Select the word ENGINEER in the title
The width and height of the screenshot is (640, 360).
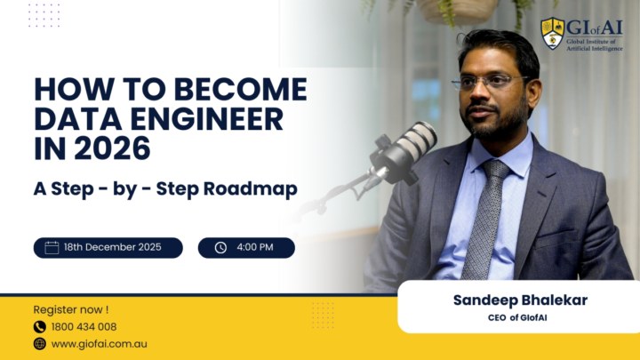[201, 119]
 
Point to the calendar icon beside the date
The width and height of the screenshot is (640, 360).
[52, 247]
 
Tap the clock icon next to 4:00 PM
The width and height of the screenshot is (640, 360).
[220, 247]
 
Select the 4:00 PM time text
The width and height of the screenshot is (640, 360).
[255, 247]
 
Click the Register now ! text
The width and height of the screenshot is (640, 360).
[70, 309]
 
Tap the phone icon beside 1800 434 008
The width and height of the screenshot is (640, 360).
[40, 326]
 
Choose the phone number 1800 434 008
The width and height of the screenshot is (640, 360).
[84, 326]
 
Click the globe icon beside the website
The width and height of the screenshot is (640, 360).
[40, 343]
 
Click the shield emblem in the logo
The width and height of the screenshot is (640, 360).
[552, 33]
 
